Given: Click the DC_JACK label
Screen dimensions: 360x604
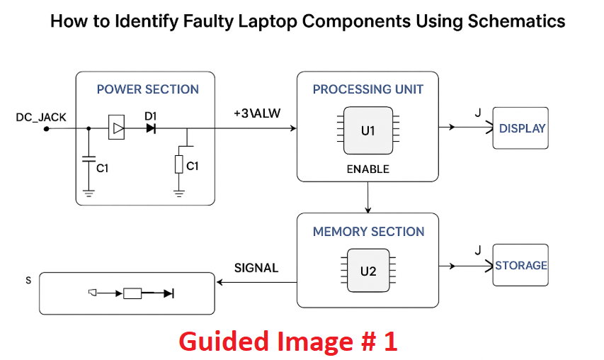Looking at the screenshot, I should [41, 117].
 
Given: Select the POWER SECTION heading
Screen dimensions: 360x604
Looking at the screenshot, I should [147, 89].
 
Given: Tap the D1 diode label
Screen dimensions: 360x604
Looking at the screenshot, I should [150, 116].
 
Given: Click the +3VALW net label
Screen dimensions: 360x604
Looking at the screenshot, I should [256, 114].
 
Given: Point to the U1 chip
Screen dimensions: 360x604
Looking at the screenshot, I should [367, 130].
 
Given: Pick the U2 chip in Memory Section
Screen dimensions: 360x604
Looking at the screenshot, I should [367, 271].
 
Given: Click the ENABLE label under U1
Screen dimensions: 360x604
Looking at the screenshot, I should [367, 169].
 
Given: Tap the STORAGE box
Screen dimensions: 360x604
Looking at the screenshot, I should [520, 266].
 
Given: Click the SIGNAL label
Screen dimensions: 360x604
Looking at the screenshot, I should [256, 268].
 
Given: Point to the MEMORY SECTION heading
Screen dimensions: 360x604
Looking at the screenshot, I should [368, 232].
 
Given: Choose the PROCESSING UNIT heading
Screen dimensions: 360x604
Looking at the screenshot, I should [368, 89].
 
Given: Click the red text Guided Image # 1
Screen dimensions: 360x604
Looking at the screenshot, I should [287, 342].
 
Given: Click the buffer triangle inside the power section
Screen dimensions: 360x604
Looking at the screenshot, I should [118, 128].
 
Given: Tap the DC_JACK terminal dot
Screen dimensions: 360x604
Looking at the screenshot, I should [46, 129].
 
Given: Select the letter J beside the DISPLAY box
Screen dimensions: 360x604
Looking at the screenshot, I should [477, 113].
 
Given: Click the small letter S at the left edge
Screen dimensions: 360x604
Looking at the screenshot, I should [28, 280].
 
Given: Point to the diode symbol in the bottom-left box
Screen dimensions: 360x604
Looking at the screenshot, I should [169, 293].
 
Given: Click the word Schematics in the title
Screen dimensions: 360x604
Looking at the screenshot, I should [516, 21].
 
